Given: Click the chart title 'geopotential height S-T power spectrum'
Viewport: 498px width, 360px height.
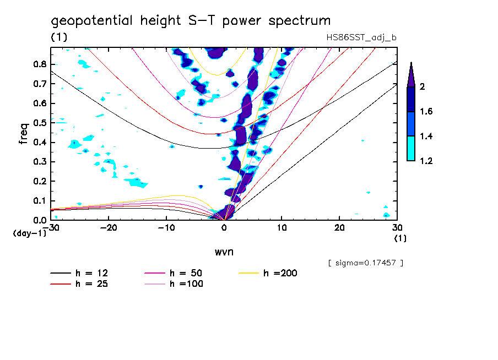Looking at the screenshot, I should pyautogui.click(x=191, y=21).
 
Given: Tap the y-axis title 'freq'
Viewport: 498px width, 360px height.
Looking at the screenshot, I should pyautogui.click(x=24, y=134).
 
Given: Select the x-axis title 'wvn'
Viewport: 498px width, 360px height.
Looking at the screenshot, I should pyautogui.click(x=224, y=252).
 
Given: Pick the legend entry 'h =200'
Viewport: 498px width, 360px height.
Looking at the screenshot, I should pyautogui.click(x=281, y=274).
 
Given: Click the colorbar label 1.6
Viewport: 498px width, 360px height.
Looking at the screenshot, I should pyautogui.click(x=426, y=112).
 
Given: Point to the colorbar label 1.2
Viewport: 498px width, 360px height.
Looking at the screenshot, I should pyautogui.click(x=426, y=161).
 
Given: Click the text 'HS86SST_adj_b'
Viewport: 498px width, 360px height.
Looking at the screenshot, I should pyautogui.click(x=361, y=37).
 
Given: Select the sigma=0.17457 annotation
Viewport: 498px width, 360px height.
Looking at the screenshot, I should pyautogui.click(x=365, y=263).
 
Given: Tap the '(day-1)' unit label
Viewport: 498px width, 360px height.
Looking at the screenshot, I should pyautogui.click(x=29, y=233).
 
